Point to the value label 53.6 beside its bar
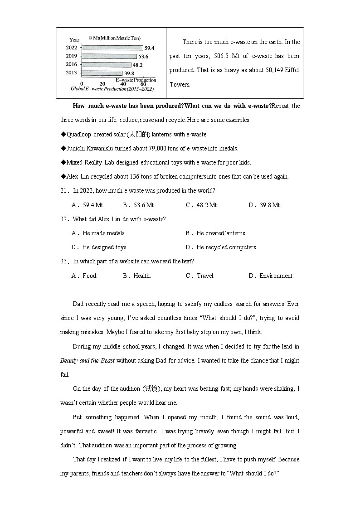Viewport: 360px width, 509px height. coord(143,57)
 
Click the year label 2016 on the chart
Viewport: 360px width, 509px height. coord(71,64)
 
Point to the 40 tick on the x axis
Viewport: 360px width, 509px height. coord(123,84)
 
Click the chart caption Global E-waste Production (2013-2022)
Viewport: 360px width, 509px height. coord(112,89)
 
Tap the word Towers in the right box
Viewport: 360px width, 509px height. coord(180,84)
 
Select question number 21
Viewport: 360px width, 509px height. coord(63,191)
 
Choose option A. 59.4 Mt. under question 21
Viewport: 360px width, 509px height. coord(88,205)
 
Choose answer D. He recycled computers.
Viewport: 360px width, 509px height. coord(221,247)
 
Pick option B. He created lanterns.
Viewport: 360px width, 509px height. coord(216,233)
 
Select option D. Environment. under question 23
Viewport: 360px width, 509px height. coord(271,276)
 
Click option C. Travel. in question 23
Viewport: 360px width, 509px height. coord(200,276)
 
